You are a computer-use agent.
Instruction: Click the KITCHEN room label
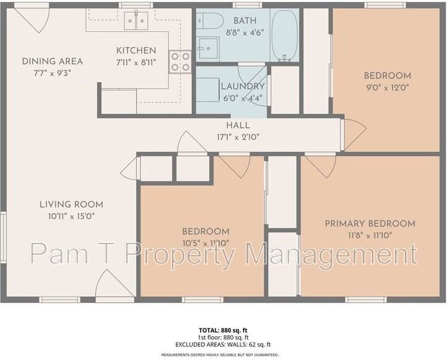pyautogui.click(x=136, y=50)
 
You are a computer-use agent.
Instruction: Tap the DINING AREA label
pyautogui.click(x=52, y=61)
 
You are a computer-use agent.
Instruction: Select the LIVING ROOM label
pyautogui.click(x=71, y=204)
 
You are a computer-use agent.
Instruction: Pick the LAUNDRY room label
pyautogui.click(x=243, y=86)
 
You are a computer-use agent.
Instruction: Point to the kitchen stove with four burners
pyautogui.click(x=180, y=61)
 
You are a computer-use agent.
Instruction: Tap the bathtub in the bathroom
pyautogui.click(x=285, y=34)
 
